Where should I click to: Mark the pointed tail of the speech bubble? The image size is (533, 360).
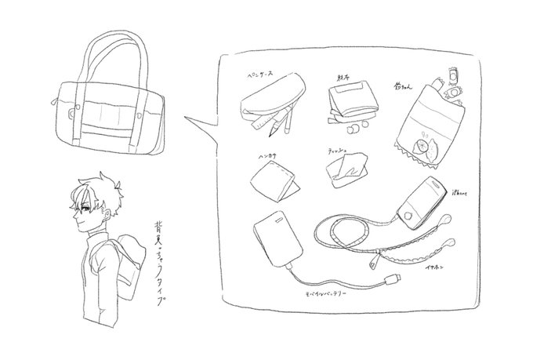[188, 122]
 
